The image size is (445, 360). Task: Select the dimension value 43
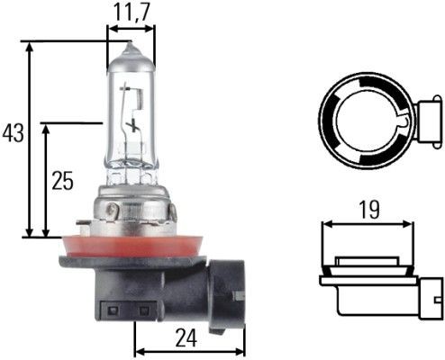[13, 134]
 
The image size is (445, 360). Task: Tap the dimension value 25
[62, 180]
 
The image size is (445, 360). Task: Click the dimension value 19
[368, 210]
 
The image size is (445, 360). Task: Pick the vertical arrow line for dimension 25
[47, 180]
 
